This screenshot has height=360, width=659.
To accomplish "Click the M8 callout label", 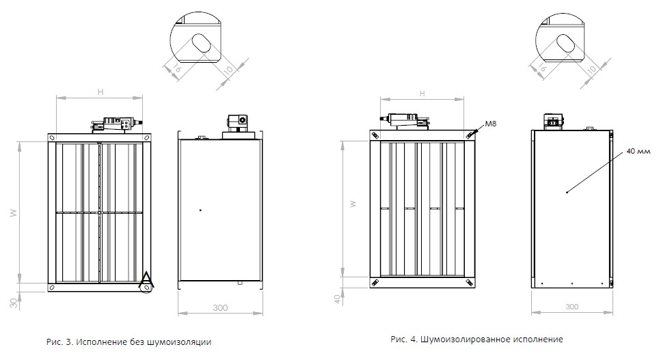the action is tap(490, 124).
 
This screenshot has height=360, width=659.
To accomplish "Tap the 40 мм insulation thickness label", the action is tap(638, 151).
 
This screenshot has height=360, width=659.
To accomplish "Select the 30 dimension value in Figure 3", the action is tap(14, 303).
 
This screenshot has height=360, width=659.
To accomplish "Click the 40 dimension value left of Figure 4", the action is tap(337, 299).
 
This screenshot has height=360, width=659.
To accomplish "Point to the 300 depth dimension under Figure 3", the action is tap(220, 307).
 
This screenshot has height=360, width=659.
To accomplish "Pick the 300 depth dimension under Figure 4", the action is tap(571, 307).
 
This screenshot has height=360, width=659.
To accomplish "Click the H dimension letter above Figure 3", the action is tap(100, 92).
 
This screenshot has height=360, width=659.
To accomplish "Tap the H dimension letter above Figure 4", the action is tap(422, 94).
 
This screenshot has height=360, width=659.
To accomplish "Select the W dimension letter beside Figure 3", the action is tap(14, 213).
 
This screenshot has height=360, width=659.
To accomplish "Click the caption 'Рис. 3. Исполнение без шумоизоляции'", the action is tap(129, 342).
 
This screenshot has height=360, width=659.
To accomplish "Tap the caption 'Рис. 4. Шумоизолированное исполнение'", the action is tap(476, 339).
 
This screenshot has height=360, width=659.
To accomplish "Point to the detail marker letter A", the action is tap(146, 279).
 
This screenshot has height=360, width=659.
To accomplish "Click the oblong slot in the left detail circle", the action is tap(201, 42).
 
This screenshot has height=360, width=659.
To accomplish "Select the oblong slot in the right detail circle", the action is tap(566, 42).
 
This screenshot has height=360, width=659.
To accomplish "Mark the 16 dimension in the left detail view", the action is tap(177, 67).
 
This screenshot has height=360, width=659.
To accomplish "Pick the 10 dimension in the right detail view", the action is tap(591, 68).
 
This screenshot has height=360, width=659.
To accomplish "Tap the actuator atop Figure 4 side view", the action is tap(554, 120).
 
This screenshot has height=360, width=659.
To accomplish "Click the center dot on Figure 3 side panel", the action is tap(200, 210).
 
